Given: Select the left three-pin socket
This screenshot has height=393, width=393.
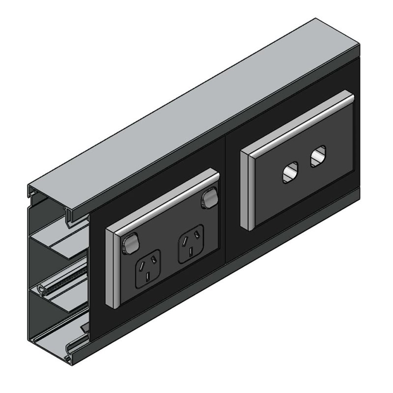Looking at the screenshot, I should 148,268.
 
